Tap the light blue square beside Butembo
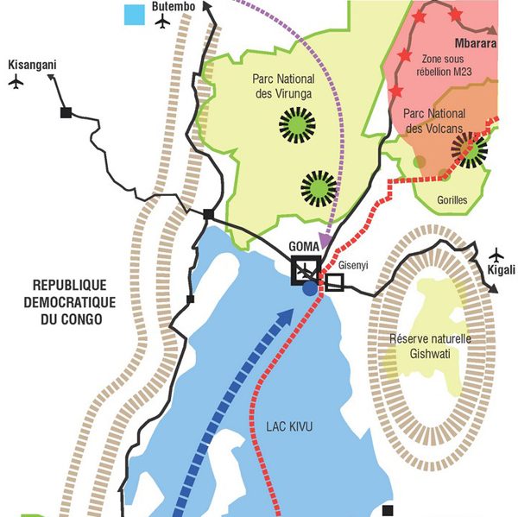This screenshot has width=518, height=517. point(134,15)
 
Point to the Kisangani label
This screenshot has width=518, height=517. point(32,65)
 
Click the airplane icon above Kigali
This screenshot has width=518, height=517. point(496,255)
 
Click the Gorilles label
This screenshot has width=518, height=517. point(452,199)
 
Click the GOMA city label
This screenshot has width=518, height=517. point(304,245)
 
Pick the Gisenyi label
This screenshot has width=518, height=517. point(351,266)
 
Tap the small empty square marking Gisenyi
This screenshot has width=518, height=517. point(334,282)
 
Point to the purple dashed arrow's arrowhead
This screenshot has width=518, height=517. point(325,239)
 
